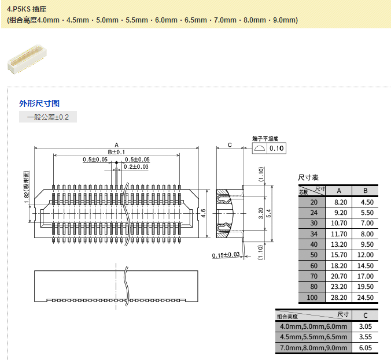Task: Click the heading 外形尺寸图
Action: [39, 103]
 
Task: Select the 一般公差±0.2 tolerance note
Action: [48, 117]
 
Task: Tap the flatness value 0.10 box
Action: [277, 148]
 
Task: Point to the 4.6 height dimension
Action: [203, 213]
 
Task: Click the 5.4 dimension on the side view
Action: [269, 213]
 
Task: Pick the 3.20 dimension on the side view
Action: [261, 213]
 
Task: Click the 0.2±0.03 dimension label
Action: [136, 166]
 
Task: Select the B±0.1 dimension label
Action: [116, 152]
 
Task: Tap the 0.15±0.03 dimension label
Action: [226, 255]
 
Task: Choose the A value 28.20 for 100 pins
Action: [339, 298]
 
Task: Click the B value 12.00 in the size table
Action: [365, 255]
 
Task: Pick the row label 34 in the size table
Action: [313, 233]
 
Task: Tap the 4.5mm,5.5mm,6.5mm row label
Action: [313, 337]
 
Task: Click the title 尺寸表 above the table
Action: [308, 177]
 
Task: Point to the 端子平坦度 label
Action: [265, 139]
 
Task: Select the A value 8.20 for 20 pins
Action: [339, 202]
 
